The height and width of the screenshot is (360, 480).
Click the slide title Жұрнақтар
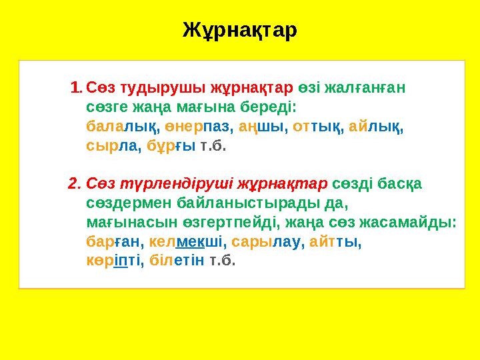point(240,30)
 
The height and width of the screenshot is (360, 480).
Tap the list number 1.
point(76,87)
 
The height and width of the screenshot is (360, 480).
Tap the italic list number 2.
point(74,183)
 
